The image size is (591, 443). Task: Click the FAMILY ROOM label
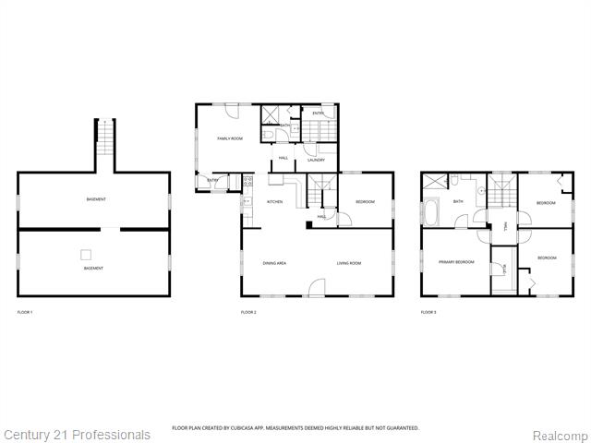click(229, 138)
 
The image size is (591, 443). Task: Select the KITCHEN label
click(274, 202)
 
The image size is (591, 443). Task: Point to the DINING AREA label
click(274, 263)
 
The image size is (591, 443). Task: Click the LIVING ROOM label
click(348, 263)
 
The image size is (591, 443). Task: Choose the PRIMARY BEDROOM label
click(456, 262)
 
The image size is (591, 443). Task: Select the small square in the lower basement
click(86, 254)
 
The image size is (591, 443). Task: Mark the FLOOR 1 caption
click(25, 313)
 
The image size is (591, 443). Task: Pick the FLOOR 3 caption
click(428, 313)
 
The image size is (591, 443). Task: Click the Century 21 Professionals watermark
click(77, 435)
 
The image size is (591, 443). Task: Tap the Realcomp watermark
click(558, 435)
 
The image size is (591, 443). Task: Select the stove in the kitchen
click(247, 183)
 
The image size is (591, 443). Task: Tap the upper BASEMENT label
click(95, 199)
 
